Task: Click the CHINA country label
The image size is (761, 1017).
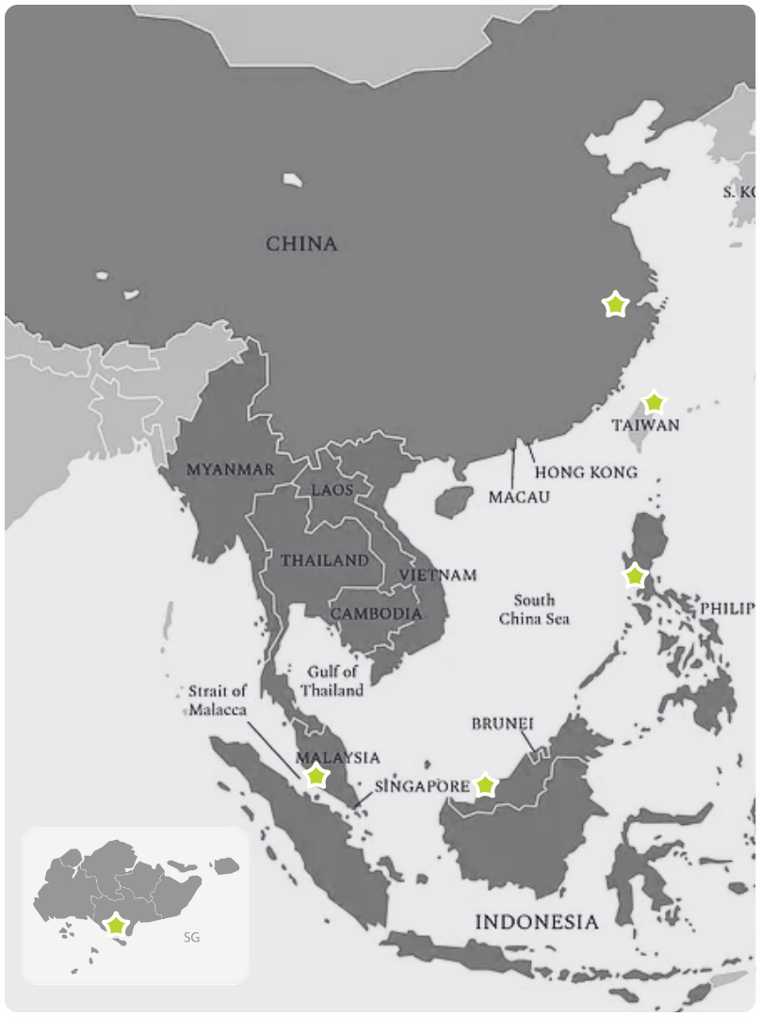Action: tap(301, 244)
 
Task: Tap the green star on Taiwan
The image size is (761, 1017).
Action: tap(653, 403)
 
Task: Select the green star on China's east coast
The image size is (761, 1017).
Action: tap(615, 305)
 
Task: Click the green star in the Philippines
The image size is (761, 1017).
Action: tap(635, 575)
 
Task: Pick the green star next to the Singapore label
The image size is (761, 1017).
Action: tap(485, 784)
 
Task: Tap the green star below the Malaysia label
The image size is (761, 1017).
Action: tap(316, 776)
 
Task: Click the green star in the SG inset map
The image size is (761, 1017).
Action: tap(116, 925)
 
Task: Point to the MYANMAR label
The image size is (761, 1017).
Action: tap(231, 469)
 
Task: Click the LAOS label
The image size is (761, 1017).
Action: tap(332, 490)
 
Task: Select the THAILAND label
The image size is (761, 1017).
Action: tap(325, 560)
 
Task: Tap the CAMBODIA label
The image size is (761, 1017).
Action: tap(376, 613)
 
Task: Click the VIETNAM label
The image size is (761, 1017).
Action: tap(438, 574)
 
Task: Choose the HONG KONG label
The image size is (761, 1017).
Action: tap(586, 472)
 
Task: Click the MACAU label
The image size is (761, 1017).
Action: tap(519, 496)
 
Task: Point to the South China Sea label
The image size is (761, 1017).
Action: tap(534, 609)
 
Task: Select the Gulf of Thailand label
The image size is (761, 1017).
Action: tap(332, 681)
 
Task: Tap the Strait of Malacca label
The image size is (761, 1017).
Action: tap(218, 700)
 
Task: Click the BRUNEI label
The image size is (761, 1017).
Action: tap(502, 724)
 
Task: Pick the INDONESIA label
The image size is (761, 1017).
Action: tap(536, 922)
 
